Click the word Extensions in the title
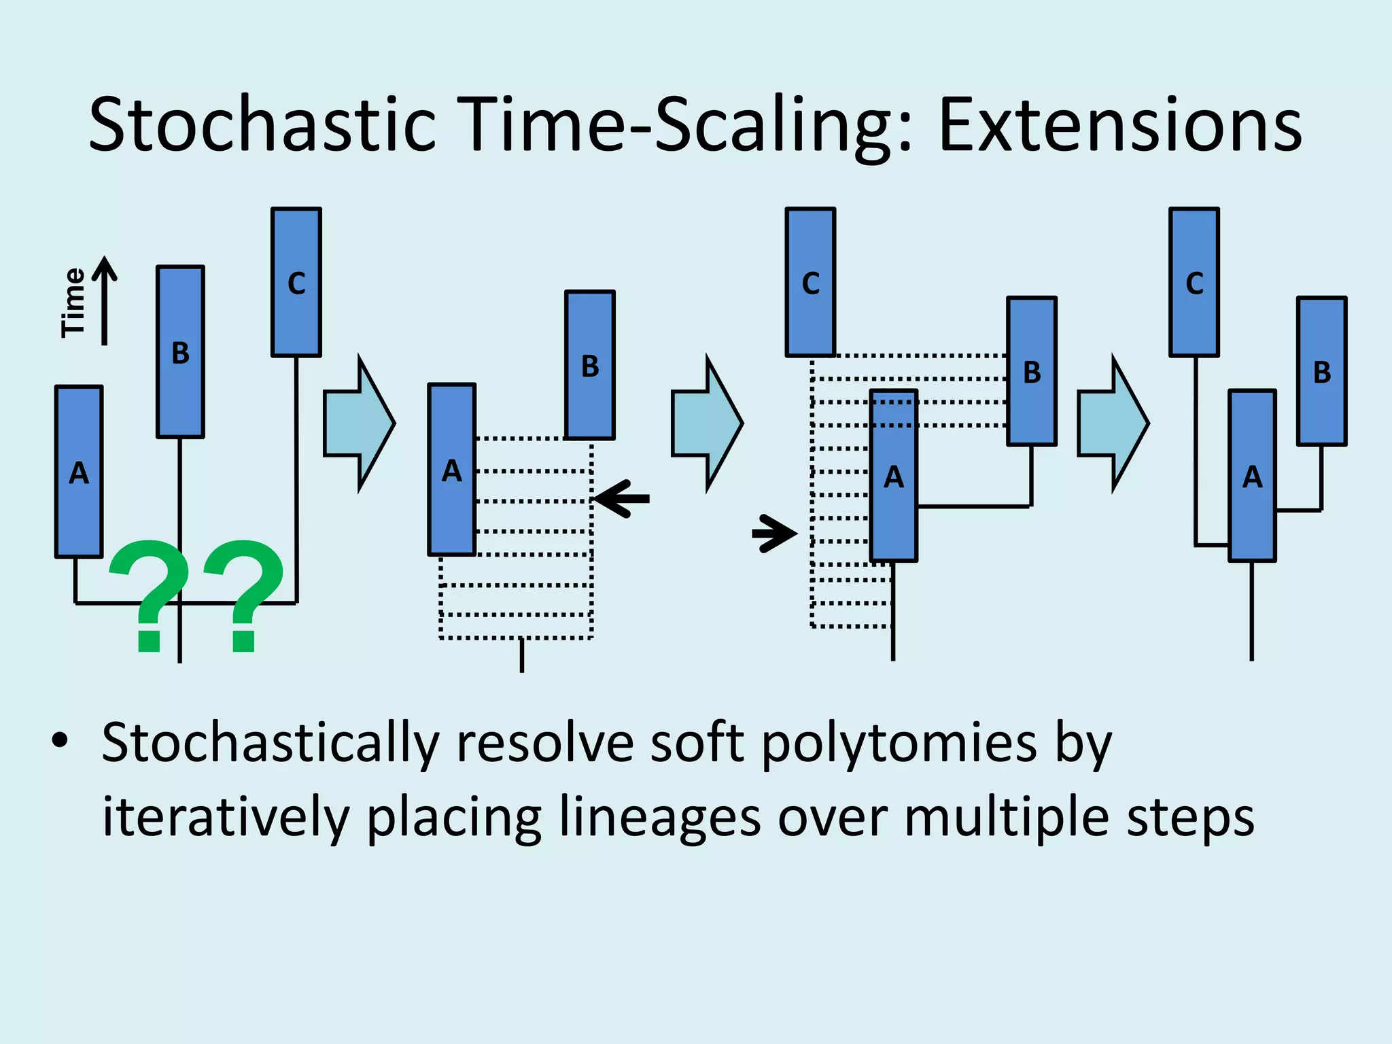(1119, 126)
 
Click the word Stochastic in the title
(262, 126)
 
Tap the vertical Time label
(73, 302)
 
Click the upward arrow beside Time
(105, 299)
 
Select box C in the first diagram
(296, 282)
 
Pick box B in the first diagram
(180, 351)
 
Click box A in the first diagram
(79, 472)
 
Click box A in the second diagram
(451, 470)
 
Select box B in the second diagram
(590, 365)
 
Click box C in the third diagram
(810, 282)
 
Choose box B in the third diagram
(1031, 371)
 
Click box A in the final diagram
(1252, 476)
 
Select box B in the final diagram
(1321, 371)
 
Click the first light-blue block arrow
(358, 423)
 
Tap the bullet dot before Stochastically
(60, 741)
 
